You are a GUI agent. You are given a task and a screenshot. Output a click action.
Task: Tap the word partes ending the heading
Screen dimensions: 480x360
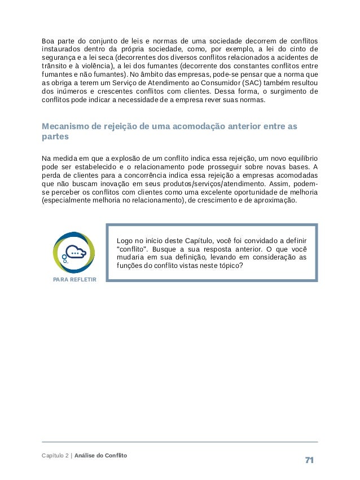(x=54, y=137)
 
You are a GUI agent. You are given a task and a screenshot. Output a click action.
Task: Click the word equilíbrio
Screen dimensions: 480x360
(x=298, y=158)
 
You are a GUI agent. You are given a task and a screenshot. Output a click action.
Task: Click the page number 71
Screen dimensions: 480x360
(x=309, y=460)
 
